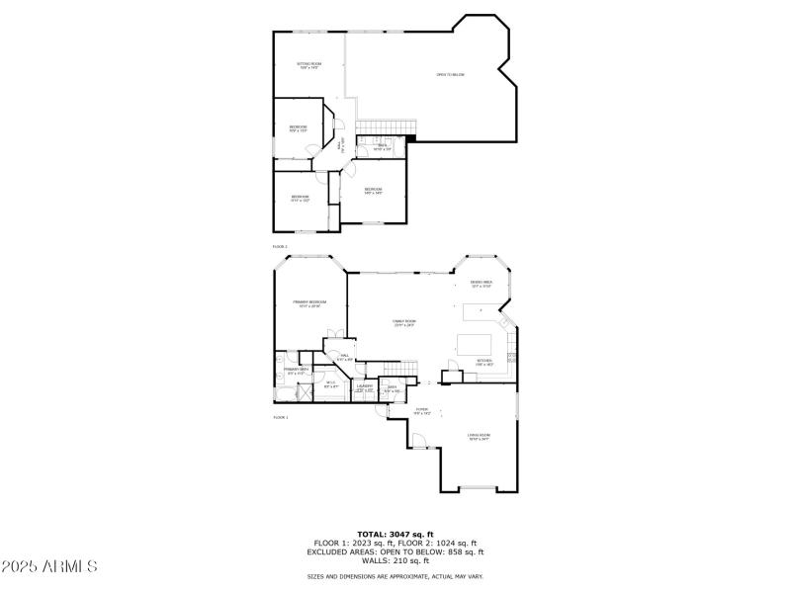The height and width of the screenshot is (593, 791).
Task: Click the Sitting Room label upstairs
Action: click(x=308, y=65)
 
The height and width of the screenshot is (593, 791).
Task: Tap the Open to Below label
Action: click(x=451, y=75)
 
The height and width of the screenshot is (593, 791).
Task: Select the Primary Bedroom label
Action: click(x=309, y=302)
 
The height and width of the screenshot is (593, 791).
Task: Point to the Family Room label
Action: click(x=403, y=322)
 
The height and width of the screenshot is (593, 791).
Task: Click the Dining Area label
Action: click(x=482, y=284)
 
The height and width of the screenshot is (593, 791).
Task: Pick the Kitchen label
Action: click(x=484, y=362)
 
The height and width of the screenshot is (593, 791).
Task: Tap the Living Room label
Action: click(x=480, y=436)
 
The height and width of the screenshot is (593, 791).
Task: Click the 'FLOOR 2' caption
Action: click(x=280, y=246)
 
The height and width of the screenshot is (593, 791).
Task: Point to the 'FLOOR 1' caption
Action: click(x=280, y=418)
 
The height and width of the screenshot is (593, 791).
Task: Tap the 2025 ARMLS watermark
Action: click(x=49, y=567)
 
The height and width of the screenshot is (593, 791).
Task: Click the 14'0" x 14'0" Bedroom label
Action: click(x=373, y=190)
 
